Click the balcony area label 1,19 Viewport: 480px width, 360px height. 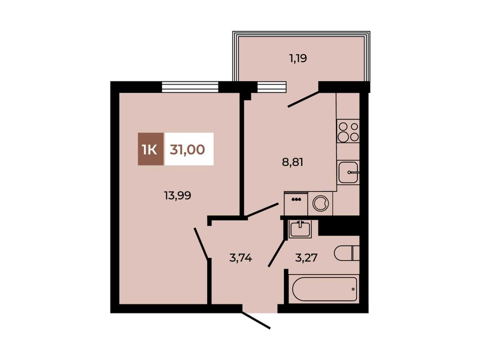pyautogui.click(x=298, y=58)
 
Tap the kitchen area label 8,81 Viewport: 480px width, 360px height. pyautogui.click(x=293, y=162)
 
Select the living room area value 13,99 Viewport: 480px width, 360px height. pyautogui.click(x=177, y=195)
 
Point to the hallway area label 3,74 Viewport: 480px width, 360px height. pyautogui.click(x=241, y=258)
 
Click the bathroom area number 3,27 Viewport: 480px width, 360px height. pyautogui.click(x=306, y=258)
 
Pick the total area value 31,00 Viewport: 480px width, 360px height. pyautogui.click(x=187, y=149)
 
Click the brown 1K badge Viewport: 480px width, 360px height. pyautogui.click(x=151, y=149)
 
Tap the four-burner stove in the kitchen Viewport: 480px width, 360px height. pyautogui.click(x=348, y=131)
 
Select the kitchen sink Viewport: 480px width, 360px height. pyautogui.click(x=348, y=172)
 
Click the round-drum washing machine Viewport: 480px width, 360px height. pyautogui.click(x=320, y=203)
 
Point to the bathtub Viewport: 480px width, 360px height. pyautogui.click(x=325, y=289)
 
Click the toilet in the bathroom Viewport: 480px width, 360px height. pyautogui.click(x=347, y=253)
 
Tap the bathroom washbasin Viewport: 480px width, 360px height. pyautogui.click(x=301, y=229)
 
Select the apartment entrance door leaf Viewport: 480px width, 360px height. pyautogui.click(x=256, y=320)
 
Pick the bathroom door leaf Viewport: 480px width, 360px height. pyautogui.click(x=277, y=252)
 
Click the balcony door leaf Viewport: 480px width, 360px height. pyautogui.click(x=303, y=98)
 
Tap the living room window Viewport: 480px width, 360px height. pyautogui.click(x=190, y=87)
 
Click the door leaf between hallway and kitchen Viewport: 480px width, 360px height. pyautogui.click(x=263, y=210)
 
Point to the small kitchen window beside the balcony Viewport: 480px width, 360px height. pyautogui.click(x=272, y=87)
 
